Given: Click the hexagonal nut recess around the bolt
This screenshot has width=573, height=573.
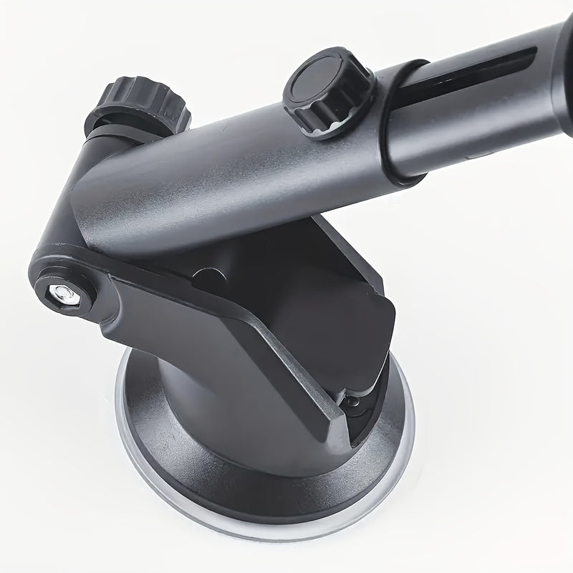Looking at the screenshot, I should pos(62,286).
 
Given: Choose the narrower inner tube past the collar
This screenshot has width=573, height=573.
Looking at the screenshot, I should pos(487,93).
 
